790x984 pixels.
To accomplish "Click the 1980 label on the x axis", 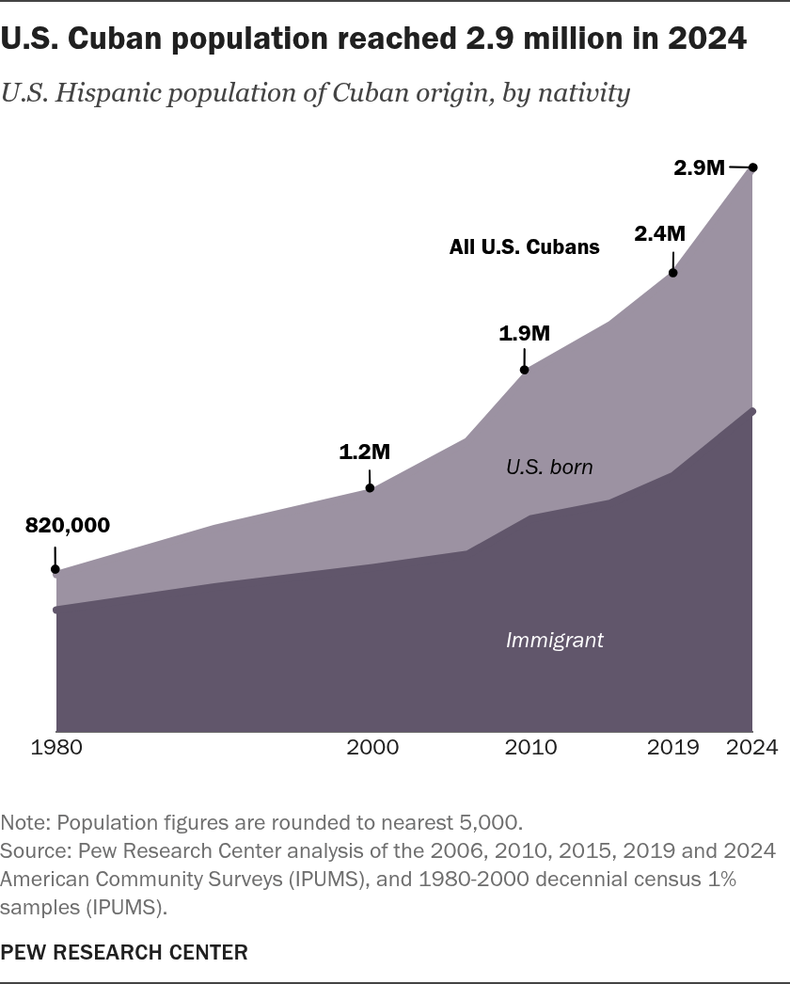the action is pos(56,747).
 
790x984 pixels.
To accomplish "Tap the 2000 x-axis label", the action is pos(372,747).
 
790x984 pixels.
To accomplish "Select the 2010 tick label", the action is pos(530,747).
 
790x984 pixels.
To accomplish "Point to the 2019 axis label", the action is pos(672,747).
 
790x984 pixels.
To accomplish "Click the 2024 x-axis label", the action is pos(751,747).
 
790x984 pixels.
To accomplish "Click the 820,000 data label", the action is pos(68,525).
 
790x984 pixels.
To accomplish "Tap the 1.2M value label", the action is pos(365,452).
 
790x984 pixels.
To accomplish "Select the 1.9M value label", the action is pos(524,333).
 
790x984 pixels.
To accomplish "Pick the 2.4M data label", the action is pos(659,233).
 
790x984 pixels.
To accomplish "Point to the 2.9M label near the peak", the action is pos(699,167).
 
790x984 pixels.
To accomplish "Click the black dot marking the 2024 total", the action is pos(753,167).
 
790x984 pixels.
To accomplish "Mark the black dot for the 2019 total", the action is pos(673,273).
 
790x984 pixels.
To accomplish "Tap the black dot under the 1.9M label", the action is pos(525,370).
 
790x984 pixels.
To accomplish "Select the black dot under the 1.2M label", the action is pos(370,487).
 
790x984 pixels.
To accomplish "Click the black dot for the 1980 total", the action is pos(55,570).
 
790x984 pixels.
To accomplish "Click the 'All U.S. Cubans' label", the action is pos(524,246).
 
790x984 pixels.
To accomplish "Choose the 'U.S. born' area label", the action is pos(549,467).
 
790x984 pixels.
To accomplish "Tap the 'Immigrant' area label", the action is pos(555,640).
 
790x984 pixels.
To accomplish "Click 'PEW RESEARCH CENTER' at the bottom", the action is pos(124,952).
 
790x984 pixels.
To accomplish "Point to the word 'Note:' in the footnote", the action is pos(25,823).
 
